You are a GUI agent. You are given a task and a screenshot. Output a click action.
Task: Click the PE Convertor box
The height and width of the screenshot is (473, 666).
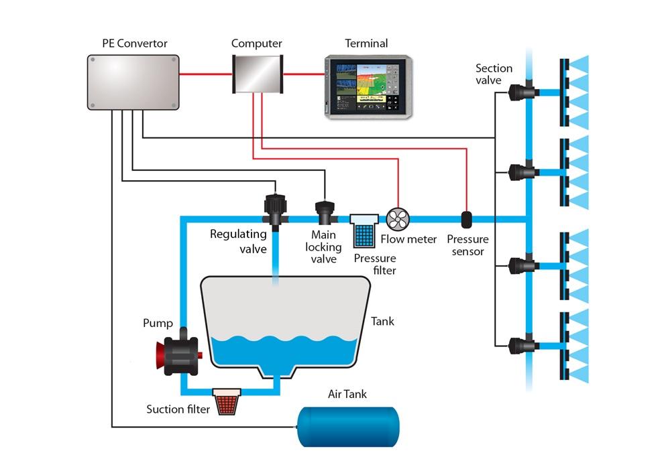coord(133,82)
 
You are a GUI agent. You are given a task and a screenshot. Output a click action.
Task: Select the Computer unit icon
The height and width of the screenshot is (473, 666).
coord(256,75)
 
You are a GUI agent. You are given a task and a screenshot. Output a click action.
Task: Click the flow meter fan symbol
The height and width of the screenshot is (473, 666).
coord(398,218)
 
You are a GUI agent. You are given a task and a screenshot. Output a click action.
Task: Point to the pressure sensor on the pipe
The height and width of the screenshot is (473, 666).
coord(467,219)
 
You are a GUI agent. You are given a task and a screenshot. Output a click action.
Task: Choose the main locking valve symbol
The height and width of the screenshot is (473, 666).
coord(325,212)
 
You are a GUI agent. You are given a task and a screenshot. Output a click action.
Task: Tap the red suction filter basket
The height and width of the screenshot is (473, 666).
coord(227,400)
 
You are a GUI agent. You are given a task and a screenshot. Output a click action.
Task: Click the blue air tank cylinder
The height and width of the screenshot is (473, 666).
coord(349,425)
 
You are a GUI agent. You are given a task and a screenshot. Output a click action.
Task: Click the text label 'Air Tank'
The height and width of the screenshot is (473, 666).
coord(347,394)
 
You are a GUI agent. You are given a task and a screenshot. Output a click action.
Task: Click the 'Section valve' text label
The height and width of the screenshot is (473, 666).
coord(494,74)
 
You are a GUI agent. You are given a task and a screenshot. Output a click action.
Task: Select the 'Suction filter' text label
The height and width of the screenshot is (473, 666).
coord(178,409)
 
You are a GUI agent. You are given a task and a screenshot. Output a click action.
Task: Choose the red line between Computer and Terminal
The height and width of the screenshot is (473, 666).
coord(304,74)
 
